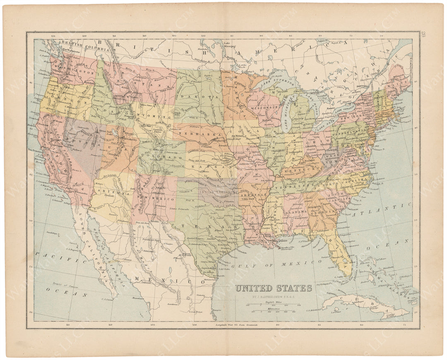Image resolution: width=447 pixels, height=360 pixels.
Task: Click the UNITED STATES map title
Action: (274, 288)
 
